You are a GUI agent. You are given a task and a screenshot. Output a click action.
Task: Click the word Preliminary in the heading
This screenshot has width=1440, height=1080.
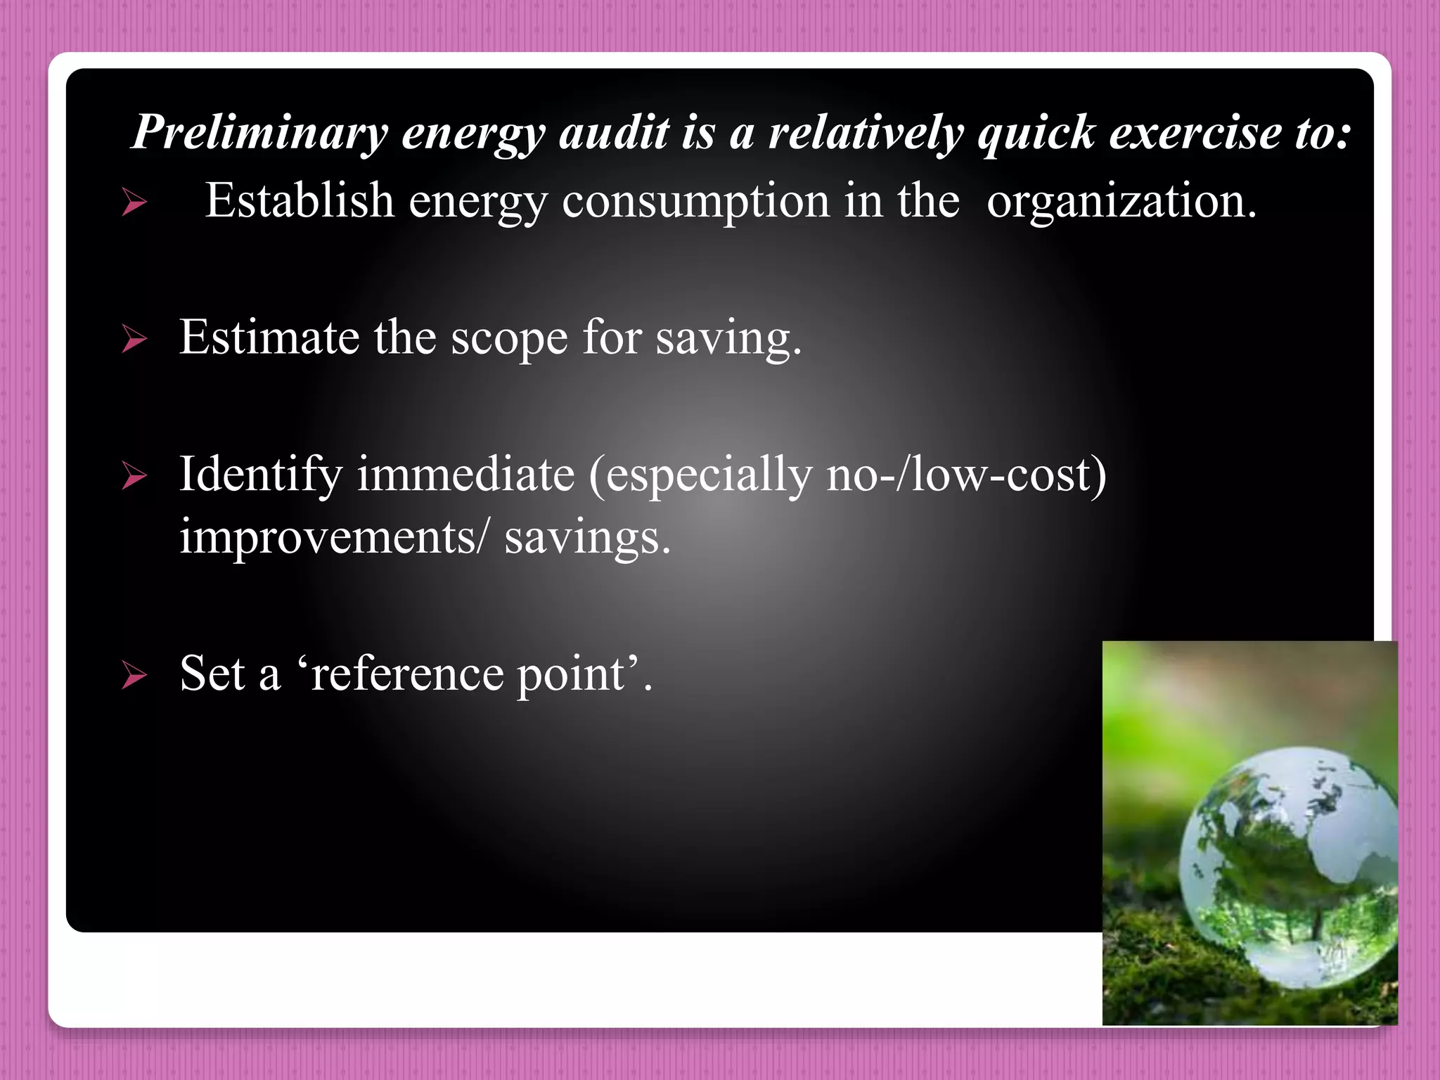pos(259,132)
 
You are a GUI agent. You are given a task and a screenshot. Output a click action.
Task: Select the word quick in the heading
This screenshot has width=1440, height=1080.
pos(1036,132)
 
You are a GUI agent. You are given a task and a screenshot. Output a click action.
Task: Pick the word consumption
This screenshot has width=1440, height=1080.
pos(695,202)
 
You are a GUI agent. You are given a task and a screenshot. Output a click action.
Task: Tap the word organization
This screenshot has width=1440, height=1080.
pos(1121,202)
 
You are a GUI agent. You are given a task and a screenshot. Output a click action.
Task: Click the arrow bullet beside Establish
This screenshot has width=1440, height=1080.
pos(134,203)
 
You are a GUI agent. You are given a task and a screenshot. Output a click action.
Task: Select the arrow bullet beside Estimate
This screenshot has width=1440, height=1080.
pos(134,340)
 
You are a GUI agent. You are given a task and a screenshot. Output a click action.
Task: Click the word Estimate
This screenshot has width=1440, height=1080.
pos(269,337)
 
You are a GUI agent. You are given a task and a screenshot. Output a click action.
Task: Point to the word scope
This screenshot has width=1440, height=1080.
pos(508,339)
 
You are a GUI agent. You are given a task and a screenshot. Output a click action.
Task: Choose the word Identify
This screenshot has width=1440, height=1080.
pos(260,475)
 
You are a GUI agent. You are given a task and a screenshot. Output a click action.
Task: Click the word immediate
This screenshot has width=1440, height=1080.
pos(465,474)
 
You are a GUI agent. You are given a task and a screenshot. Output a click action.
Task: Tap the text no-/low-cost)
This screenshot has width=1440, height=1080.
pos(966,474)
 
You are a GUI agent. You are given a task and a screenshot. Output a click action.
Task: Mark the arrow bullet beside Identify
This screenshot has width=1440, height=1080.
pos(134,476)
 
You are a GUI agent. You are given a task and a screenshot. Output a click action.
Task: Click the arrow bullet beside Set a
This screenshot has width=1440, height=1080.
pos(134,676)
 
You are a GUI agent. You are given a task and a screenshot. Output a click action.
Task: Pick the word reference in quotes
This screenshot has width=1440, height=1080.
pos(407,674)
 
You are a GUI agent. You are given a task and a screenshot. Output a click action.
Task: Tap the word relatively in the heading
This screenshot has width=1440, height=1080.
pos(866,132)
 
